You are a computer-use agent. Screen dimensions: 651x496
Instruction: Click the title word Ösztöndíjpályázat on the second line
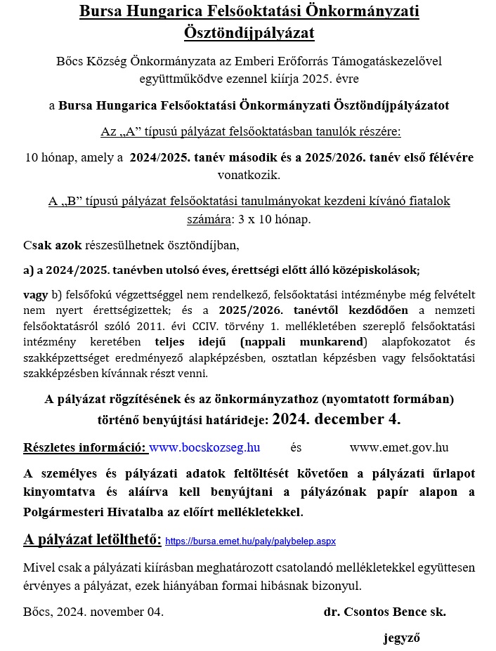pyautogui.click(x=248, y=32)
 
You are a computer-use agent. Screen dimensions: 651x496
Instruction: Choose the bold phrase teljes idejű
pyautogui.click(x=195, y=342)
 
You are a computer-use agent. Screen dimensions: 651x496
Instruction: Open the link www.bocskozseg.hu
pyautogui.click(x=205, y=447)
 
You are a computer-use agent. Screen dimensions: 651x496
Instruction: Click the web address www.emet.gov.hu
pyautogui.click(x=398, y=447)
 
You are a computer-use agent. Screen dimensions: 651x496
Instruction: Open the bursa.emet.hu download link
pyautogui.click(x=251, y=541)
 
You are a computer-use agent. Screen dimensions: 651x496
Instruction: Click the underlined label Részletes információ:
pyautogui.click(x=85, y=447)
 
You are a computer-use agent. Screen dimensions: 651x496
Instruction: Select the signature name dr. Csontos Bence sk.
pyautogui.click(x=384, y=612)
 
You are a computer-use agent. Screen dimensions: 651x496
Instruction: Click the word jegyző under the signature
pyautogui.click(x=401, y=638)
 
